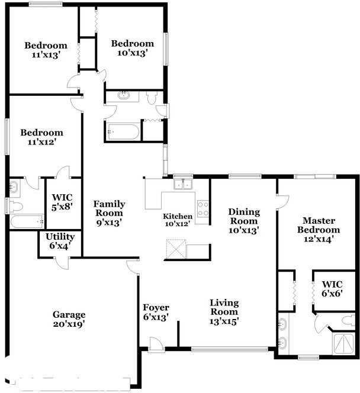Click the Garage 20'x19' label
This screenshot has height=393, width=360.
coord(69,319)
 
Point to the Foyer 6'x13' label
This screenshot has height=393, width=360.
coord(156,312)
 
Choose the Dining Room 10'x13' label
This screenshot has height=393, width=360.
coord(243,221)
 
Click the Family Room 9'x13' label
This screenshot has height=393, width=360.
coord(108,213)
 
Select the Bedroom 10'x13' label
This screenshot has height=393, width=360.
coord(133,48)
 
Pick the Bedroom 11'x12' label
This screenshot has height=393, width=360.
coord(41,137)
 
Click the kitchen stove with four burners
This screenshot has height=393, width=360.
coord(203,209)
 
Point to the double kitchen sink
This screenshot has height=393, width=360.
coord(183,183)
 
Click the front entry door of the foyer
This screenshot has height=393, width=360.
coord(156,344)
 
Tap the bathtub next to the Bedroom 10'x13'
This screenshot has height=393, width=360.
coord(123,131)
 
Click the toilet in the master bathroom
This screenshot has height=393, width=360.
coord(348,320)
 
